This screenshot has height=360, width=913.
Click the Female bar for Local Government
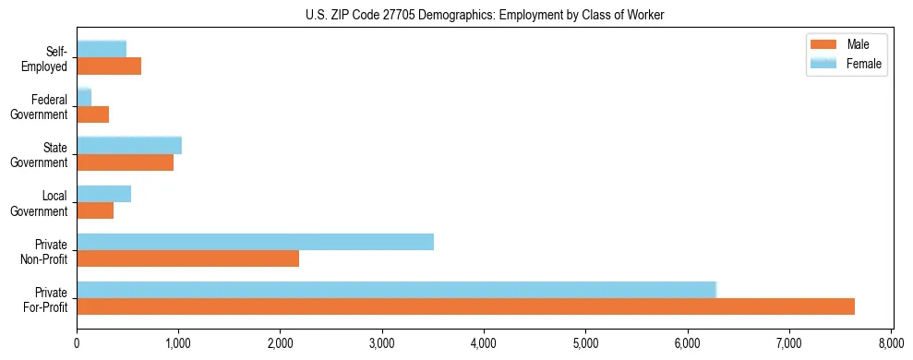103,194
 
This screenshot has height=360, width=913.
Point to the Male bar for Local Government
95,210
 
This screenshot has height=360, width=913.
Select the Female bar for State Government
129,145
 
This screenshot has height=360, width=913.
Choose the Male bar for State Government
125,162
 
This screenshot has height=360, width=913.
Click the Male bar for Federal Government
92,114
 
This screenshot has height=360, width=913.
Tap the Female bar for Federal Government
84,97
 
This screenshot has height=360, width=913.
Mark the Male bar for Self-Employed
109,66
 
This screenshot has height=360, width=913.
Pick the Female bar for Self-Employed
102,49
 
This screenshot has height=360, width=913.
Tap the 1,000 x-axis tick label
178,344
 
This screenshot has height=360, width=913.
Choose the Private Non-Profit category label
46,251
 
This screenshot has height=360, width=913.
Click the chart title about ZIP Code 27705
484,16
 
